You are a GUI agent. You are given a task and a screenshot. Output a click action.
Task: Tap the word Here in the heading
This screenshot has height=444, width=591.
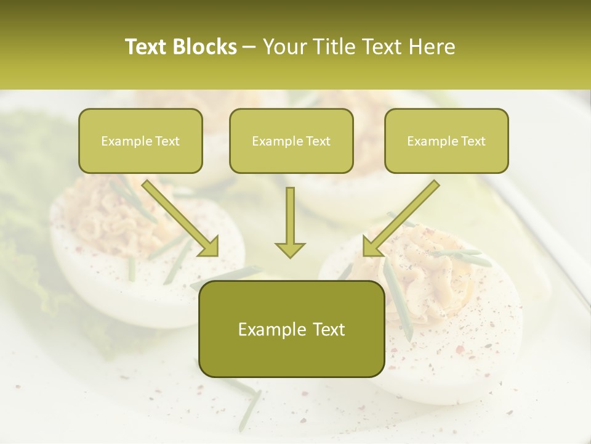tap(432, 47)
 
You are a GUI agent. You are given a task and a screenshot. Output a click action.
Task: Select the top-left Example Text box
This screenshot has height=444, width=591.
tap(140, 141)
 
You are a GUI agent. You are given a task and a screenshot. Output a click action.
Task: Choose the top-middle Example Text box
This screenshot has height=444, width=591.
tap(291, 141)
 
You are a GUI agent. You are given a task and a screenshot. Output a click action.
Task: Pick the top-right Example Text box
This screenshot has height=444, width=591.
tap(446, 141)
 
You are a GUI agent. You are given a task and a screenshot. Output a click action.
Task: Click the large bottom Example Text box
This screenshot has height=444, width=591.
tap(292, 329)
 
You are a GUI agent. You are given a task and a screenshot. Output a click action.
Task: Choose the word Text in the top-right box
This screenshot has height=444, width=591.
tap(473, 141)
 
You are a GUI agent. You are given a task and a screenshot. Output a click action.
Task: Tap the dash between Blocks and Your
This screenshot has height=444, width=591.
tap(249, 47)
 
